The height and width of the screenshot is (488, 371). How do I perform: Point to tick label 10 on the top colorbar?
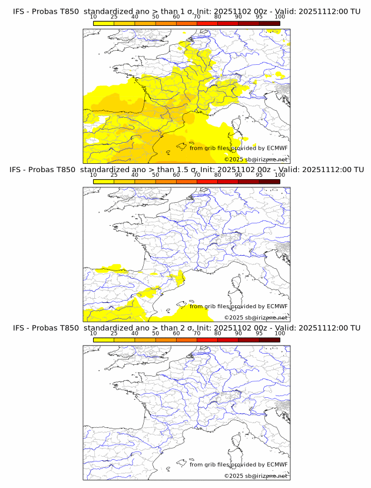click(x=93, y=17)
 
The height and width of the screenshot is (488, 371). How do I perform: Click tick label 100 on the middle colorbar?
click(x=280, y=175)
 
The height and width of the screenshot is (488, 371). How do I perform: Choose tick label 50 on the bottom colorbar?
click(x=155, y=333)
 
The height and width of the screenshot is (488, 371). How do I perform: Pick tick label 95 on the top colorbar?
click(x=259, y=17)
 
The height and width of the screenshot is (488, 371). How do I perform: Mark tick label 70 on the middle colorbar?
click(x=197, y=175)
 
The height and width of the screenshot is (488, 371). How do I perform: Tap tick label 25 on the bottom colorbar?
click(x=114, y=333)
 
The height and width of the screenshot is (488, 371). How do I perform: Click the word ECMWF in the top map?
click(x=277, y=149)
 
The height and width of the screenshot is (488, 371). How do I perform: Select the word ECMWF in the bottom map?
click(x=277, y=464)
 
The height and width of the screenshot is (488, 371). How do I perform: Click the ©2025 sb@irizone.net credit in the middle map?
click(x=256, y=317)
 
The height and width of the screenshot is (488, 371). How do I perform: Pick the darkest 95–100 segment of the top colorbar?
click(x=269, y=23)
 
